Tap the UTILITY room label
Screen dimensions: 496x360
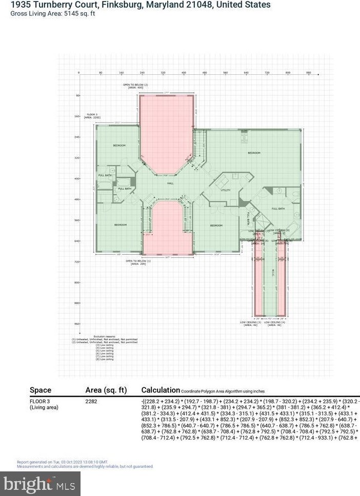pos(226,190)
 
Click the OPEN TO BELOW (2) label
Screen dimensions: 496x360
pos(135,86)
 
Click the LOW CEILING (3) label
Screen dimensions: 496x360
pos(251,323)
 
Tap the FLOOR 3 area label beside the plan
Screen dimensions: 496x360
pos(92,115)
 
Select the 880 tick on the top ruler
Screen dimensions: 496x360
pos(308,73)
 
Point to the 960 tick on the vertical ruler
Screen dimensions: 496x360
pos(77,324)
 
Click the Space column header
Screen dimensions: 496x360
pos(41,390)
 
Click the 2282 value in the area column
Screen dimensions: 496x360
pos(91,401)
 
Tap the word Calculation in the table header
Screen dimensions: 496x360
pos(161,390)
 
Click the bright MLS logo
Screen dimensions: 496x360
pos(41,483)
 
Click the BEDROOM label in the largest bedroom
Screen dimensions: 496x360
pos(254,153)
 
